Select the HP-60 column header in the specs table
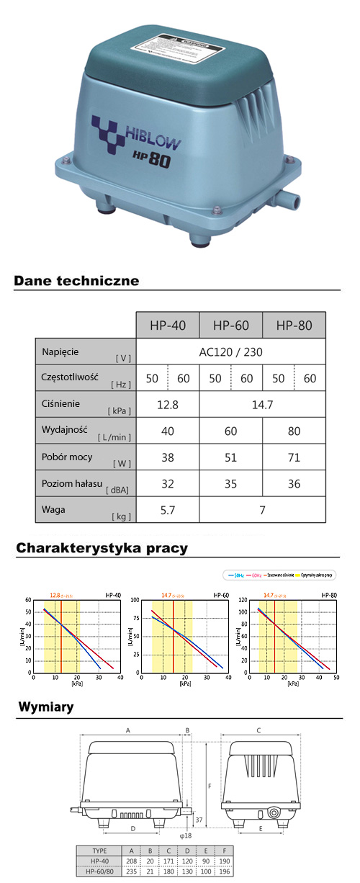231,326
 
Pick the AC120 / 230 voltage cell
230,353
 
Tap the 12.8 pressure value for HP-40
168,405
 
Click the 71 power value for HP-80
294,457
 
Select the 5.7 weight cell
168,510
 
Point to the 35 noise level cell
230,484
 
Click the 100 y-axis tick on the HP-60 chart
135,600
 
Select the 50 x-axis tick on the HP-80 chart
336,678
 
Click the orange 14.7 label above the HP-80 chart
269,595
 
